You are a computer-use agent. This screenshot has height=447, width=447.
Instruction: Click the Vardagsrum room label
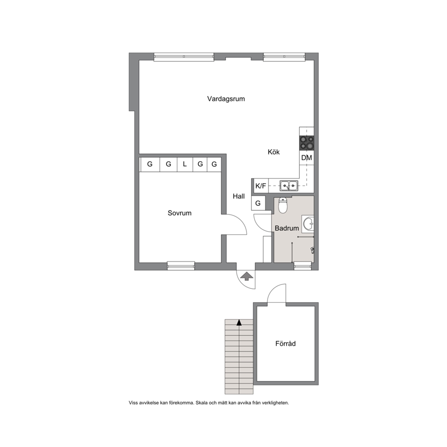[226, 99]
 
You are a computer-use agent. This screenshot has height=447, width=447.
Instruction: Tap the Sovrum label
[179, 213]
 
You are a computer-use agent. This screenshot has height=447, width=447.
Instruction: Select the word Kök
[274, 152]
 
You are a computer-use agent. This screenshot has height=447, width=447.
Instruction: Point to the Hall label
[239, 196]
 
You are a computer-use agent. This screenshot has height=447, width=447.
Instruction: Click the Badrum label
[287, 228]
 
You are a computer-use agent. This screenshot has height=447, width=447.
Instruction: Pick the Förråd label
[285, 343]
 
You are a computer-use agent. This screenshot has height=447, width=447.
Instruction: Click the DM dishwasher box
[306, 158]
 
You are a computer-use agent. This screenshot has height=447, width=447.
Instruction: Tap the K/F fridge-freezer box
[260, 186]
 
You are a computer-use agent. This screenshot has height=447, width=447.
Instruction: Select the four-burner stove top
[306, 143]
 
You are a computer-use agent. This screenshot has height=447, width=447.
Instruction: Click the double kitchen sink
[289, 186]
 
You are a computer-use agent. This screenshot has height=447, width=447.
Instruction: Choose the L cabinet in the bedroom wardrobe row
[185, 164]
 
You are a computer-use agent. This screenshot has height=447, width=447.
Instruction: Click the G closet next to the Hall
[258, 203]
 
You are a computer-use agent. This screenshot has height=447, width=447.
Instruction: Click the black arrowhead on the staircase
[239, 323]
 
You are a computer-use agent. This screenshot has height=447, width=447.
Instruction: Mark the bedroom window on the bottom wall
[181, 266]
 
